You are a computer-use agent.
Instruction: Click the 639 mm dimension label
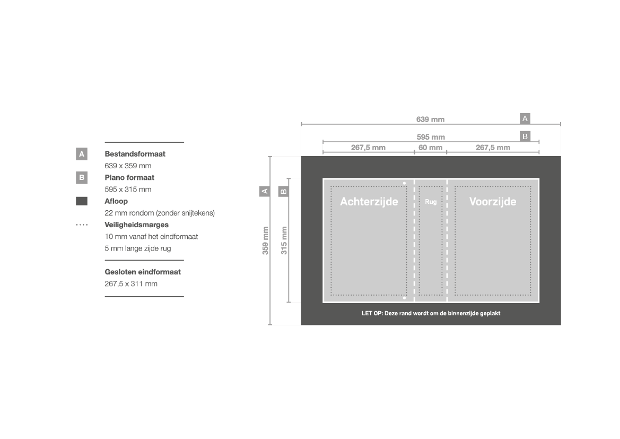click(x=430, y=119)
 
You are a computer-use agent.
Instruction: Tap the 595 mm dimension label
click(x=431, y=137)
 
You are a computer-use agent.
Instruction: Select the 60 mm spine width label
click(x=430, y=148)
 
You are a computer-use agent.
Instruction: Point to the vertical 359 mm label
click(x=265, y=240)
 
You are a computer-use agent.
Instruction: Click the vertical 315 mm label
click(x=284, y=240)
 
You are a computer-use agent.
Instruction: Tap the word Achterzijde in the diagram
click(x=369, y=202)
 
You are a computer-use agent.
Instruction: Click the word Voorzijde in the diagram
click(x=493, y=202)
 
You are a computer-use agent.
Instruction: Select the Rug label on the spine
click(x=431, y=202)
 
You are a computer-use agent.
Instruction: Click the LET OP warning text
click(x=431, y=313)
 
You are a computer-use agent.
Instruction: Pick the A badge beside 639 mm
click(x=525, y=118)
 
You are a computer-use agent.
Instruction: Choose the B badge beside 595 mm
click(x=525, y=136)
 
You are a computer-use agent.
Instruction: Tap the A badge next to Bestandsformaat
click(x=82, y=154)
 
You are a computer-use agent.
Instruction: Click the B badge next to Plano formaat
click(x=82, y=178)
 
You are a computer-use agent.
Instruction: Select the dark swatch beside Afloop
click(x=82, y=201)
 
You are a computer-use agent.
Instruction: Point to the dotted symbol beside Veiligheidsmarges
click(x=82, y=225)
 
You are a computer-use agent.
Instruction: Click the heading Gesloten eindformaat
click(x=143, y=272)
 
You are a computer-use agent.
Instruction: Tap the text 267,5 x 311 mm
click(x=131, y=284)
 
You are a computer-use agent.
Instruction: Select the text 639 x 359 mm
click(x=128, y=166)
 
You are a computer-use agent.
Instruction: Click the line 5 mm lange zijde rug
click(x=137, y=248)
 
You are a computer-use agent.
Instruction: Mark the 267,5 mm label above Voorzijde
click(x=493, y=148)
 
